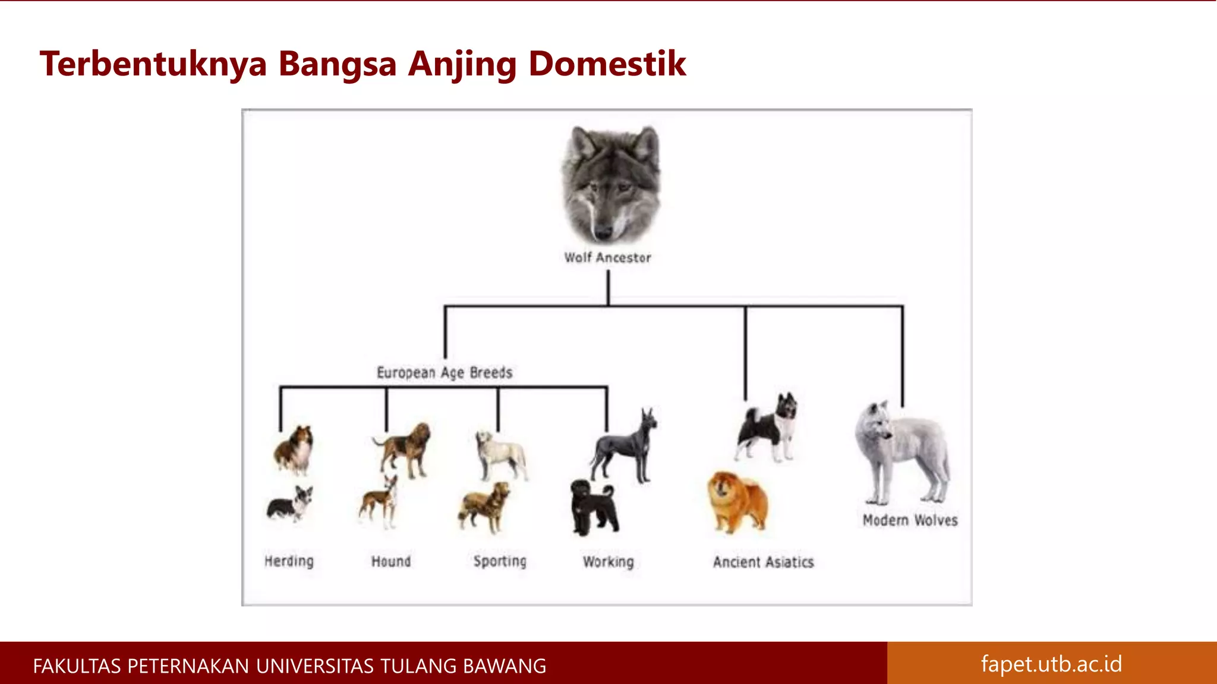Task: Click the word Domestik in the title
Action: tap(607, 64)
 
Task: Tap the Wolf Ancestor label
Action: tap(607, 258)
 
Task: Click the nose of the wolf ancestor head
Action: tap(604, 232)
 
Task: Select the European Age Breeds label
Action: tap(444, 373)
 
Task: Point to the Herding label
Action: tap(289, 561)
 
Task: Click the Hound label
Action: tap(391, 561)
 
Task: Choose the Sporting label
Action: tap(500, 561)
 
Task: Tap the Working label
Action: tap(608, 562)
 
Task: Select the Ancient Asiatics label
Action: tap(763, 562)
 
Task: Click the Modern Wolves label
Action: tap(910, 520)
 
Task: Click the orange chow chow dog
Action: tap(737, 502)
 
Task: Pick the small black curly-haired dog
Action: tap(592, 508)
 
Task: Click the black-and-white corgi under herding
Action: tap(290, 503)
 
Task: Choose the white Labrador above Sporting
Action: tap(500, 454)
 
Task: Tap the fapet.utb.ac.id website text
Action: tap(1051, 664)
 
